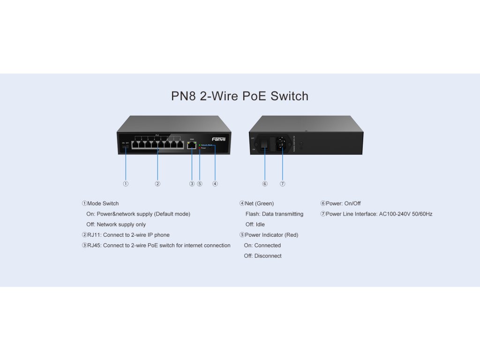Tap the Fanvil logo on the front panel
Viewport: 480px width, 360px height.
click(x=218, y=139)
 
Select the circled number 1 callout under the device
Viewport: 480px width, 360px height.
click(x=126, y=184)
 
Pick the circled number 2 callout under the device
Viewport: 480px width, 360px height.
click(x=157, y=184)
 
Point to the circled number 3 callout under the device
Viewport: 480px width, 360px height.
click(x=192, y=184)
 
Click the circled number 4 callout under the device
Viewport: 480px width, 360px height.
click(x=215, y=184)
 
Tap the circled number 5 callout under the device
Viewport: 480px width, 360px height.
click(x=200, y=184)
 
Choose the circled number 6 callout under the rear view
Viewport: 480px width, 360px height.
click(x=265, y=184)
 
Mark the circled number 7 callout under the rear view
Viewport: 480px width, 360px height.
click(x=282, y=184)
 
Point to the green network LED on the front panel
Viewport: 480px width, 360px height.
click(x=199, y=145)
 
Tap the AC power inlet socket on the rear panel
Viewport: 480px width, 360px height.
click(x=282, y=143)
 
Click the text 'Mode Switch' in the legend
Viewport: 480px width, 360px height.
click(x=103, y=203)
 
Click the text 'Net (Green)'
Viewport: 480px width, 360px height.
click(x=259, y=203)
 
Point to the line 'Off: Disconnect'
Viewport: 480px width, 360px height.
click(x=262, y=256)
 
